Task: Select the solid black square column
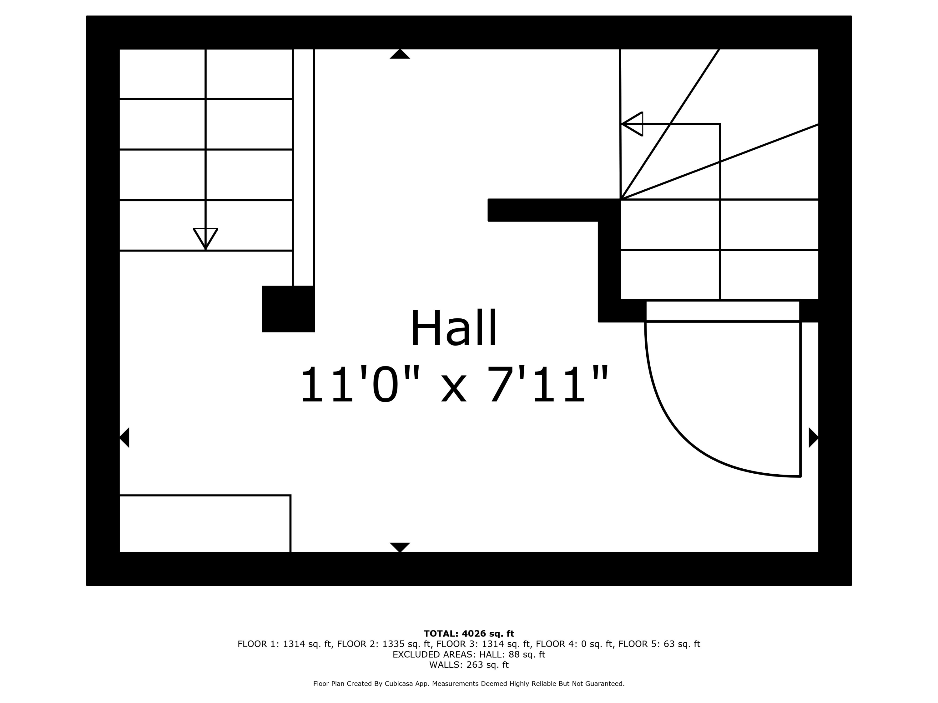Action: [x=288, y=309]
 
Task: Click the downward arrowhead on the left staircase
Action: [x=206, y=239]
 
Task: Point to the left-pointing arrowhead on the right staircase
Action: [x=632, y=124]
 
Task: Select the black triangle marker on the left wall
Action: [x=124, y=437]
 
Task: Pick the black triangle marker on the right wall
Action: [x=813, y=437]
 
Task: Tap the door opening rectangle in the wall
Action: [x=723, y=311]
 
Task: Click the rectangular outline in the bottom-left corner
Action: [x=205, y=523]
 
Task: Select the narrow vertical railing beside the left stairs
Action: [x=303, y=167]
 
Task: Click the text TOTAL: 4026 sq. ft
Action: [x=469, y=634]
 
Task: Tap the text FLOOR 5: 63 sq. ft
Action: [x=659, y=644]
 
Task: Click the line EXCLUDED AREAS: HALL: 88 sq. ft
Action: [x=469, y=654]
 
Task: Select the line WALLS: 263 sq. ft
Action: [x=469, y=665]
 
